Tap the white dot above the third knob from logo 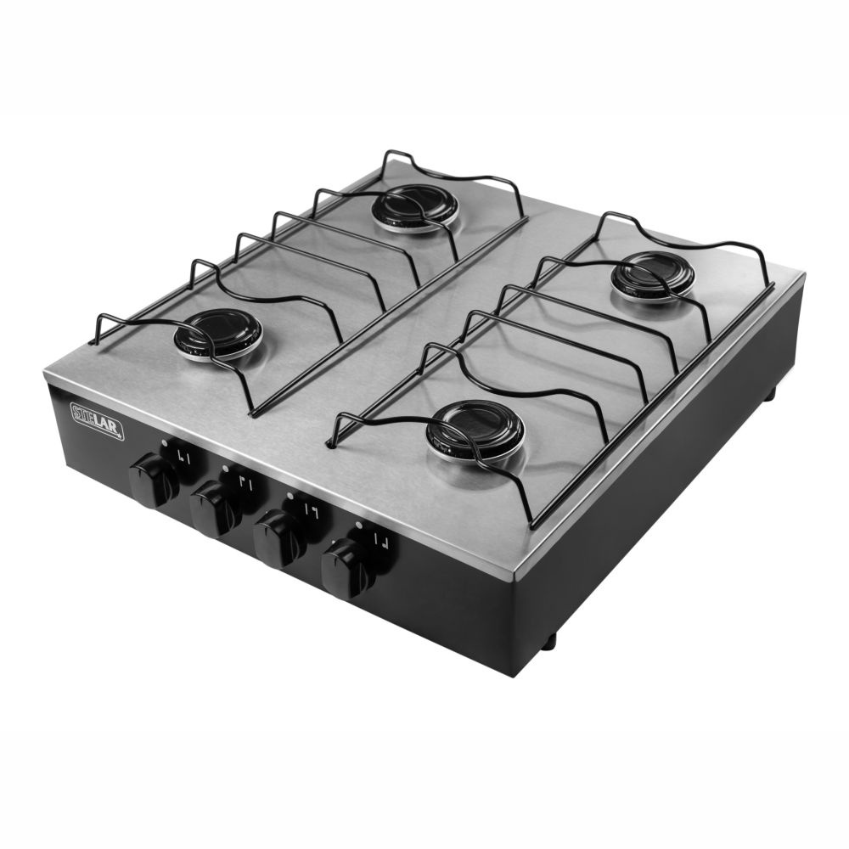pyautogui.click(x=290, y=495)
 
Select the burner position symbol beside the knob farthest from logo pyautogui.click(x=383, y=542)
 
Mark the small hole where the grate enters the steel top pyautogui.click(x=329, y=443)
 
